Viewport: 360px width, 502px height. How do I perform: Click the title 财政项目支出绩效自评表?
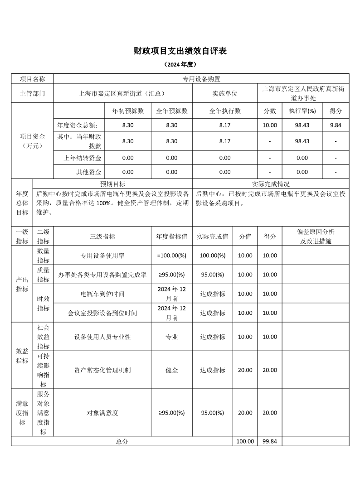[180, 51]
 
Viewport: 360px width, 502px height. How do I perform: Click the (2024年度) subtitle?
[180, 65]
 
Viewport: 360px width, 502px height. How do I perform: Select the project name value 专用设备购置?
[201, 79]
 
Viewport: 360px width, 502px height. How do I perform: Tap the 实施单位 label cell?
[225, 94]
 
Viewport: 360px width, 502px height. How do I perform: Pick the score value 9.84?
[336, 125]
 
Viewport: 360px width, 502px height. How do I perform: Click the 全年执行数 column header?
[225, 111]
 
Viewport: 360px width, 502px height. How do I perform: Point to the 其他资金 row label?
[89, 172]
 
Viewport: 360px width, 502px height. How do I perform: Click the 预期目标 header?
[113, 184]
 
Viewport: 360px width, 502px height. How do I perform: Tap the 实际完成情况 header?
[271, 184]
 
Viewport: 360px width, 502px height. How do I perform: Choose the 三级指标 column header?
[102, 237]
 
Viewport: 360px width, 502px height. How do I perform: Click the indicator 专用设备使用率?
[102, 256]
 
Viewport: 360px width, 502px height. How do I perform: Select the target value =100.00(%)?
[172, 256]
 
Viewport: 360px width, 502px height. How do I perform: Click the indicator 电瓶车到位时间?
[102, 294]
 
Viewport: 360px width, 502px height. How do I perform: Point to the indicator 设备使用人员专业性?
[102, 337]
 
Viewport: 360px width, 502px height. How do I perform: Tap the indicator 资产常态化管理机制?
[102, 370]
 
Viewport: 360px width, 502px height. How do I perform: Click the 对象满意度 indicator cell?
[102, 413]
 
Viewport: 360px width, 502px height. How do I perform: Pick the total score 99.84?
[270, 441]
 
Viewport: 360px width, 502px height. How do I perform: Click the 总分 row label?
[122, 441]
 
